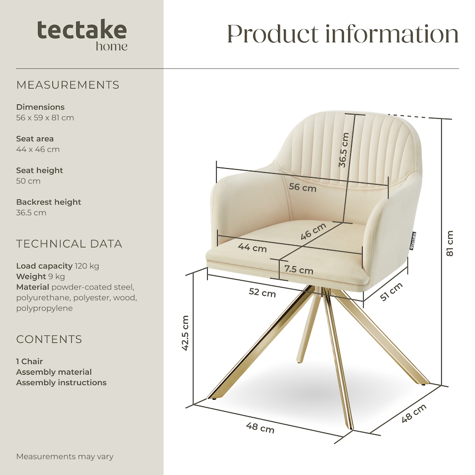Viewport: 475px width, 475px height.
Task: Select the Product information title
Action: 342,34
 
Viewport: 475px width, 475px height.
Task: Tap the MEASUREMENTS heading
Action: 68,85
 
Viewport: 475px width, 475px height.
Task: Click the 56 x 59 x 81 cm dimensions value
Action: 45,118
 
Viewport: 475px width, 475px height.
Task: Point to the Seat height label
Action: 40,170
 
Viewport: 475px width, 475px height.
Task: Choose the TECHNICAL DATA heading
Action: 69,244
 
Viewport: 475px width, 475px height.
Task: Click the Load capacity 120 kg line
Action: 57,266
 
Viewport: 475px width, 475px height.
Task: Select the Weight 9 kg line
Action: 41,276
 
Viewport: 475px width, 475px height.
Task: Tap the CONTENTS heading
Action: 49,339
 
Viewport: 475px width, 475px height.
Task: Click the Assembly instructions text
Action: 61,382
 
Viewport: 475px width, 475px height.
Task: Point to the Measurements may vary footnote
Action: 65,456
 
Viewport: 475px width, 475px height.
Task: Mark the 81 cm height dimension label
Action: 449,243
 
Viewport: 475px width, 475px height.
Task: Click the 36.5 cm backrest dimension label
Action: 344,150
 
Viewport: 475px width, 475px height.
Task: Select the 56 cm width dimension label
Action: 302,188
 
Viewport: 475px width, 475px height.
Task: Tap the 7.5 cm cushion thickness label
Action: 298,270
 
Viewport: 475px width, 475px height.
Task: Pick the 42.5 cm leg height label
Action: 186,333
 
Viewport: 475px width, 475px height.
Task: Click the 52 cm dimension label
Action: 262,293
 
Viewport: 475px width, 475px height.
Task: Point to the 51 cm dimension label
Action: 391,291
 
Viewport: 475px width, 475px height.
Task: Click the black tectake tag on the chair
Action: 413,240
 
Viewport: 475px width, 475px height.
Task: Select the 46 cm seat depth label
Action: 314,232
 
